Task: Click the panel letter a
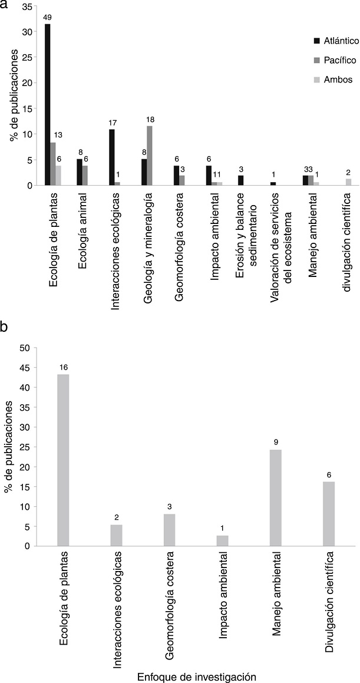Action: pos(5,5)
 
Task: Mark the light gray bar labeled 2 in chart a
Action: pos(349,182)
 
